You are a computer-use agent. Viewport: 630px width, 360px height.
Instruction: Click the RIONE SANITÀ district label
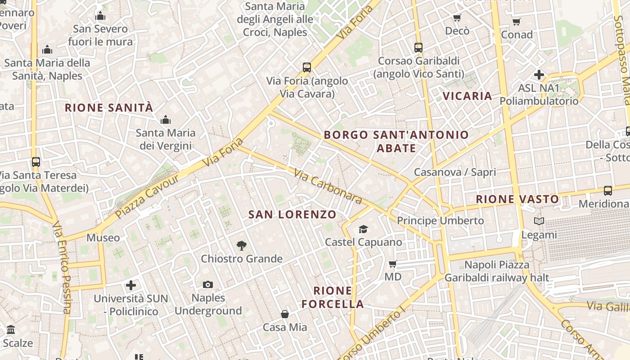point(109,108)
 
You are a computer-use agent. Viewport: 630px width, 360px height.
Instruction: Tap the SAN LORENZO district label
point(292,215)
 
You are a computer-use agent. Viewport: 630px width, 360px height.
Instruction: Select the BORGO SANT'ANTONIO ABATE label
point(396,141)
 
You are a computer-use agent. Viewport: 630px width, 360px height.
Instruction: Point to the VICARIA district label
point(468,96)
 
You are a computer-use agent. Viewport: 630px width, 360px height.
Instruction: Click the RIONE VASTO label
point(517,199)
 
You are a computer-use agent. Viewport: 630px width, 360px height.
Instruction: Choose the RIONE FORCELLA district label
point(333,297)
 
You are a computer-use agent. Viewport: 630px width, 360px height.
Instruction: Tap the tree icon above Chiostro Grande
point(242,246)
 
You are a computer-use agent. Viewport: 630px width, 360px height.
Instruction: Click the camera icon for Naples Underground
point(207,284)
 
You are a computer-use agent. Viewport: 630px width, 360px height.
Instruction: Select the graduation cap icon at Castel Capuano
point(363,229)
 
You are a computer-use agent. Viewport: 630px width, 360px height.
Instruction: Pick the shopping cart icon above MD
point(392,264)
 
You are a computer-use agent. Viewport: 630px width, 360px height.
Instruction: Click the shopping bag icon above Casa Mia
point(284,314)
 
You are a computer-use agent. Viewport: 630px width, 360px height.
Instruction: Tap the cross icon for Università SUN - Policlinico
point(131,285)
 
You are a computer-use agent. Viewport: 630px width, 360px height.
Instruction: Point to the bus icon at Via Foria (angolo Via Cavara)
point(307,67)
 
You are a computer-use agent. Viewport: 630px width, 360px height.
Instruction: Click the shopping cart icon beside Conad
point(516,22)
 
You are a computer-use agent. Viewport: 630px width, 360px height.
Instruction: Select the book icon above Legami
point(539,221)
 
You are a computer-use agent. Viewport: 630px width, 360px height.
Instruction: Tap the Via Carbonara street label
point(328,186)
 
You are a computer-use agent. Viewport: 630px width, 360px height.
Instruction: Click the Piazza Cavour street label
point(147,196)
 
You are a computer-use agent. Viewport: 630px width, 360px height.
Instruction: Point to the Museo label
point(103,238)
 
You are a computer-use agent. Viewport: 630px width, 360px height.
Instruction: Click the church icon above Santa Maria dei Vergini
point(166,120)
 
